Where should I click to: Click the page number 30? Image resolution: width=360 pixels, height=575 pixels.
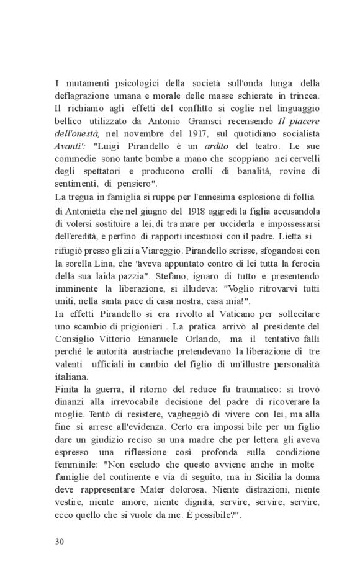[x=60, y=541]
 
